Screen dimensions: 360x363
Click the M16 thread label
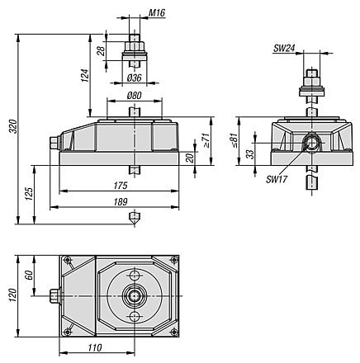coord(157,13)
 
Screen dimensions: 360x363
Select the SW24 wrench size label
coord(284,49)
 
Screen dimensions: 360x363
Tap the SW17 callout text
coord(277,180)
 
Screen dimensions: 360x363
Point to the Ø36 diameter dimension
coord(135,78)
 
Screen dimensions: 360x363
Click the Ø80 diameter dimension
coord(135,96)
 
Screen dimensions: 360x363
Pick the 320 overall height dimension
coord(13,126)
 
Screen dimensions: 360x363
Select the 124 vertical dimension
coord(85,75)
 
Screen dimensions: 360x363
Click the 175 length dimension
coord(121,186)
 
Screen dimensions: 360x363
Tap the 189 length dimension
coord(121,202)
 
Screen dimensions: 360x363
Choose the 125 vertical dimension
coord(29,194)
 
